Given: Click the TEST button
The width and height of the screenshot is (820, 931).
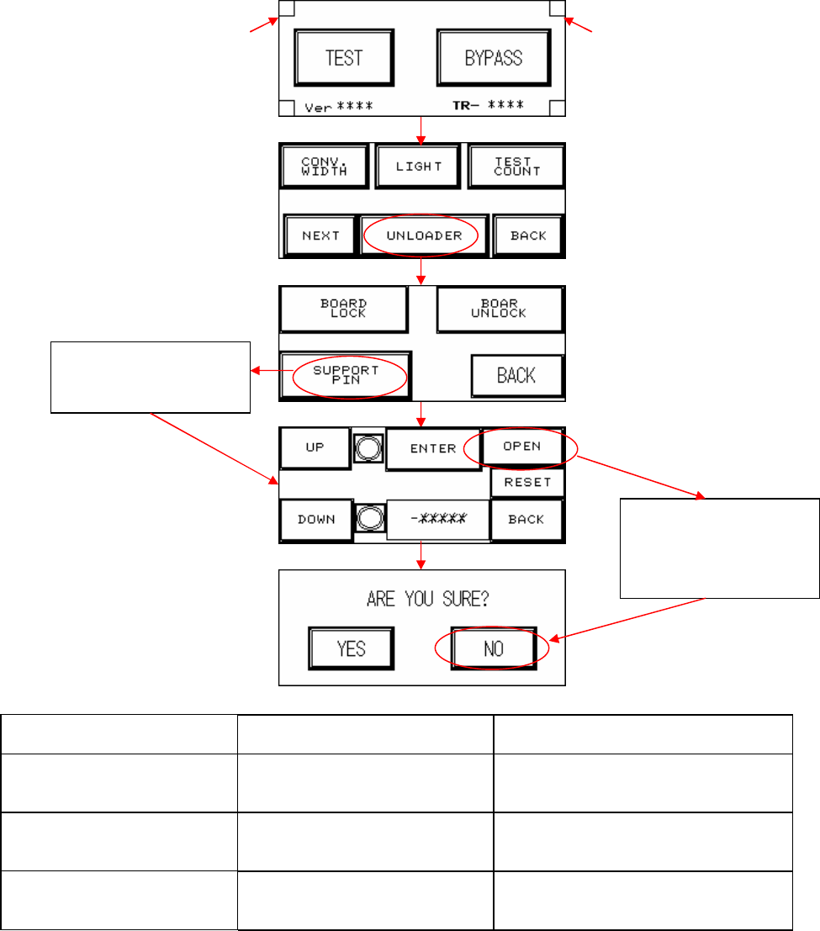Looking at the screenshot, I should click(343, 57).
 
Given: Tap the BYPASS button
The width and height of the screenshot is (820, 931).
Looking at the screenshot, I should click(494, 57).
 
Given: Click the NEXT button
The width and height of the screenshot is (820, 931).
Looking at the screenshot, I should click(320, 235).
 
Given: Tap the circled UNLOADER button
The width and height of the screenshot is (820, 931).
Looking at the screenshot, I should click(424, 235).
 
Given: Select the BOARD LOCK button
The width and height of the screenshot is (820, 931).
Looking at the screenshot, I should click(344, 308).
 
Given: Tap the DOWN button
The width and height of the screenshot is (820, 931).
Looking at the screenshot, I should click(315, 519).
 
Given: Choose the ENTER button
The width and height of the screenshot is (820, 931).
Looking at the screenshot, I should click(432, 448).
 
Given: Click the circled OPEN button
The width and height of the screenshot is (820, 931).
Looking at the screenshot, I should click(521, 447).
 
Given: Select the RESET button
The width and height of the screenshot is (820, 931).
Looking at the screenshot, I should click(527, 482).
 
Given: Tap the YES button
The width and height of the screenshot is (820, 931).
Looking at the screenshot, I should click(351, 648).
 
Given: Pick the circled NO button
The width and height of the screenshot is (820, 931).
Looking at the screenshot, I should click(494, 648).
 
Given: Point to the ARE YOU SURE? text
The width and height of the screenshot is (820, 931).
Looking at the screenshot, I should click(422, 600).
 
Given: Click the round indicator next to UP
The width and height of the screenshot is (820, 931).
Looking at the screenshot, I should click(368, 448).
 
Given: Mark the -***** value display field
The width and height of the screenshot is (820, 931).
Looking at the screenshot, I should click(437, 519).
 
